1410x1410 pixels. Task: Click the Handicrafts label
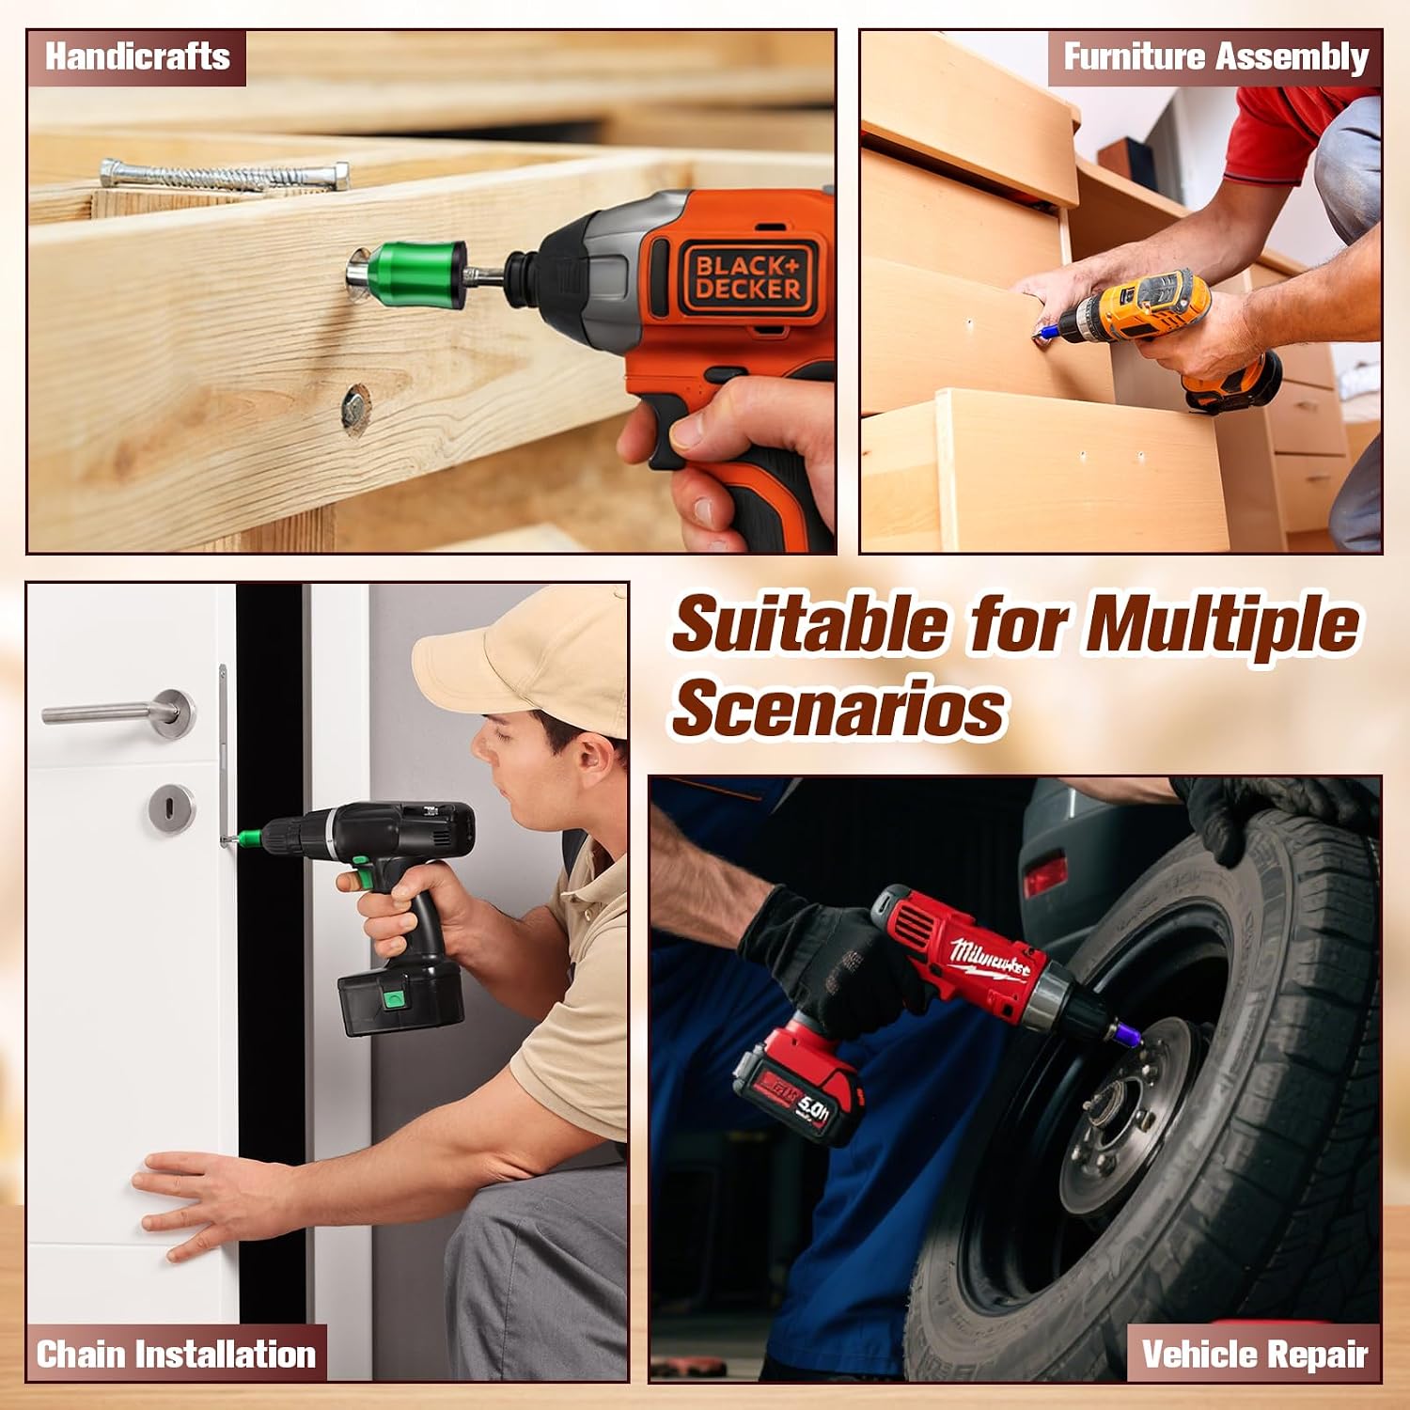point(137,57)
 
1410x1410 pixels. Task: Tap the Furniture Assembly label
point(1215,57)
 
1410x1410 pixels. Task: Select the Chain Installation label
point(176,1355)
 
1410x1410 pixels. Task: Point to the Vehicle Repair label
point(1254,1355)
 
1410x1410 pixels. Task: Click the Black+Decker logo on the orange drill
point(748,276)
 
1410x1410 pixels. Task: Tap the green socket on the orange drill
point(416,274)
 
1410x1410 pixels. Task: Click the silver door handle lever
point(119,713)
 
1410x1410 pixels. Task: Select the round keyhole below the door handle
point(172,807)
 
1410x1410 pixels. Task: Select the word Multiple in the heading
point(1222,625)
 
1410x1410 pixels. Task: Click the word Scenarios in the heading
point(838,707)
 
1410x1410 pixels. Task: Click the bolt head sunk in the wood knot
point(354,408)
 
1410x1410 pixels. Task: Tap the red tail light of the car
point(1044,873)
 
